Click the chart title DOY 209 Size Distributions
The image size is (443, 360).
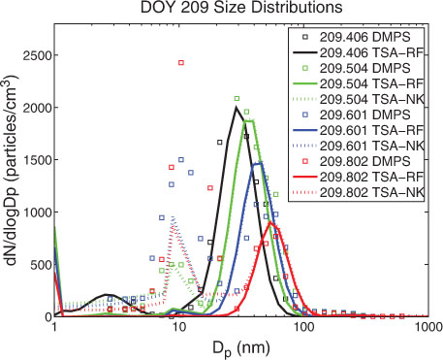tap(241, 8)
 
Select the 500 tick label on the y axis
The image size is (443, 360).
tap(39, 265)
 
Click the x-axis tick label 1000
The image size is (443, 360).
tap(427, 327)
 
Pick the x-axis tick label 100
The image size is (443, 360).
tap(303, 327)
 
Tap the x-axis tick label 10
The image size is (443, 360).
tap(178, 327)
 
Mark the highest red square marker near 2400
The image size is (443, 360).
tap(181, 63)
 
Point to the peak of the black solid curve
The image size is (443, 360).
tap(237, 108)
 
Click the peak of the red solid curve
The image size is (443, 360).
tap(270, 222)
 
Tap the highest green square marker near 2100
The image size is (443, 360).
tap(237, 98)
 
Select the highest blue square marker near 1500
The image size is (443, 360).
tap(181, 160)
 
